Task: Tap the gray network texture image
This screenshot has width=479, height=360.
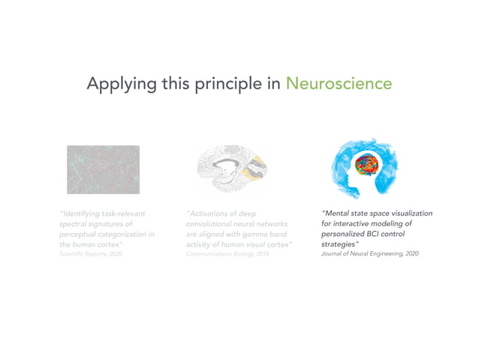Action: pos(103,169)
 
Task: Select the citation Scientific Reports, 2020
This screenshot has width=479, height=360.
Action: pos(90,255)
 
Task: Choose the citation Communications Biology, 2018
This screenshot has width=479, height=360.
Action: pos(227,255)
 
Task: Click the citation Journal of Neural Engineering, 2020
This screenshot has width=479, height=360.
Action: pos(369,255)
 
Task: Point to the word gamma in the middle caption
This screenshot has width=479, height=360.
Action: pos(250,234)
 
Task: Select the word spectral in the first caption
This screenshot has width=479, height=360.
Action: pos(75,224)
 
